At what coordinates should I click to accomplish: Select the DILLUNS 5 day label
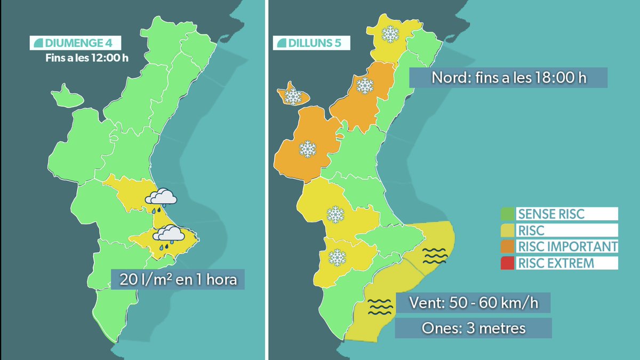(x=311, y=43)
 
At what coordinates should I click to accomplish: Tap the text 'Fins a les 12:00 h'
(x=86, y=58)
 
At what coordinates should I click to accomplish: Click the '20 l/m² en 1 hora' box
(x=178, y=279)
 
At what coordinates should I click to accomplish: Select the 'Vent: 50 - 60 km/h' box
(x=473, y=302)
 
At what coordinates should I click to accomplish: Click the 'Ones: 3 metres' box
(x=473, y=328)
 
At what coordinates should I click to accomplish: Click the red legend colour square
(x=507, y=263)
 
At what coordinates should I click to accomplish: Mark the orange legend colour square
(x=507, y=246)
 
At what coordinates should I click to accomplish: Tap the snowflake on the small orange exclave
(x=293, y=96)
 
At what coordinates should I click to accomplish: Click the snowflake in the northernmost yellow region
(x=390, y=35)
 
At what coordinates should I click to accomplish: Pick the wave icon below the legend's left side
(x=435, y=255)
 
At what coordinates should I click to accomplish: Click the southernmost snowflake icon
(x=337, y=258)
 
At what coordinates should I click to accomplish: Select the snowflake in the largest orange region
(x=307, y=149)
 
